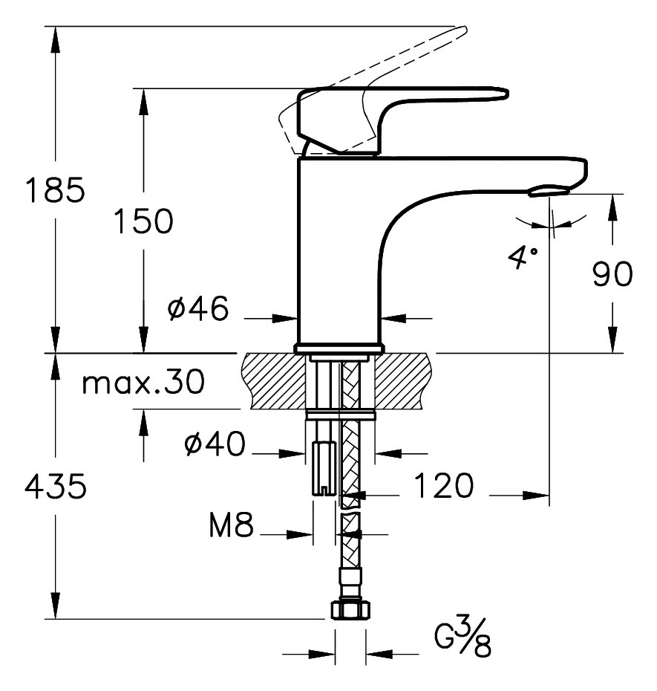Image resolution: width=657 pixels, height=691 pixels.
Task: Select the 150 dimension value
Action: (x=143, y=221)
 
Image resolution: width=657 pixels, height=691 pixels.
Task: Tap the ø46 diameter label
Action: (x=198, y=309)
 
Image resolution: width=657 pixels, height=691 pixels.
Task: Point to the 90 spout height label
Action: (x=612, y=274)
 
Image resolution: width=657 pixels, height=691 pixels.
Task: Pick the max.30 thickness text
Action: (x=143, y=383)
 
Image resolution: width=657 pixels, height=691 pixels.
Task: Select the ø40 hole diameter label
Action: (x=215, y=445)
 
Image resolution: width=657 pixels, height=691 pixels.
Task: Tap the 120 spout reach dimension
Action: (x=442, y=487)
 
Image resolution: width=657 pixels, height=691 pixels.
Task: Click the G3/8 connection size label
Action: (x=462, y=640)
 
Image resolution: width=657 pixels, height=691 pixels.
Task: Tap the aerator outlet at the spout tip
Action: (x=549, y=192)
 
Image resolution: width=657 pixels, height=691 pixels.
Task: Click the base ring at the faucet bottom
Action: (x=339, y=348)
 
